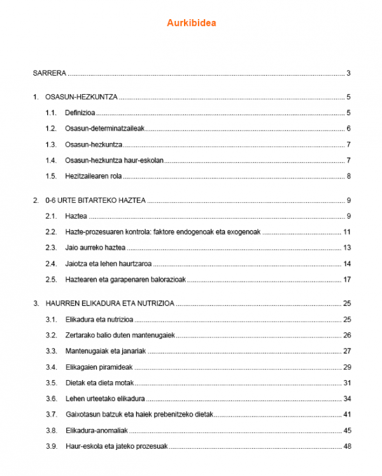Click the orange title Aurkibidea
coord(192,24)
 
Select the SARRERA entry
coord(50,73)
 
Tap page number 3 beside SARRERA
coord(349,73)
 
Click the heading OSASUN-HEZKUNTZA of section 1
coord(80,97)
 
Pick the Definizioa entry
coord(80,113)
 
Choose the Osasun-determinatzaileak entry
coord(105,128)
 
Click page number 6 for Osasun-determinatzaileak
coord(349,128)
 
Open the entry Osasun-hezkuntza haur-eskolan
coord(110,160)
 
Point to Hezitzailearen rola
coord(94,175)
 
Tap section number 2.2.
coord(51,231)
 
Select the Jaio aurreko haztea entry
coord(95,247)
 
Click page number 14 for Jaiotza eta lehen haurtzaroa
coord(347,263)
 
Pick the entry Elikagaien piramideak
coord(98,367)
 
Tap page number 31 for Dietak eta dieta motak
coord(347,383)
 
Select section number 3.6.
coord(51,398)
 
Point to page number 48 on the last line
coord(347,446)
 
